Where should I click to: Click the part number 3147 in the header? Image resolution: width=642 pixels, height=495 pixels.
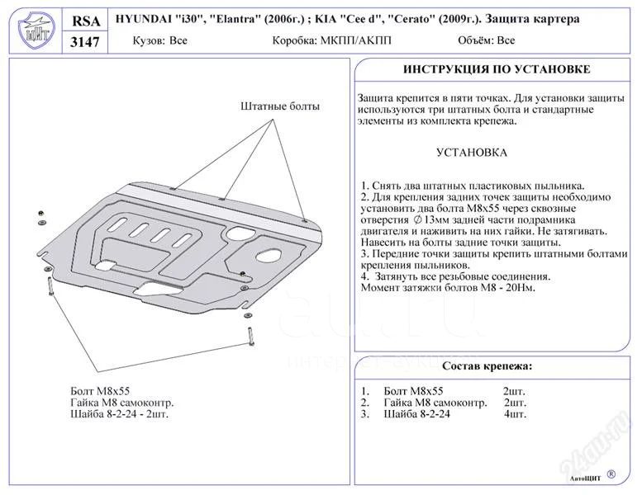click(x=85, y=42)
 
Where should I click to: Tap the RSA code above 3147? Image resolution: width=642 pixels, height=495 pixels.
click(x=85, y=21)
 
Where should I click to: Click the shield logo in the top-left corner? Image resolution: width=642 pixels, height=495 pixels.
click(x=36, y=31)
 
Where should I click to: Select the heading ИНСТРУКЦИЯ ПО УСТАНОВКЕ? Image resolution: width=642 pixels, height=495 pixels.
click(x=497, y=69)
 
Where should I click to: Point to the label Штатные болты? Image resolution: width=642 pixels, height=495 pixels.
click(x=280, y=106)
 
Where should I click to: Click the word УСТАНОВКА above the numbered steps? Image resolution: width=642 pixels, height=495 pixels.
click(x=471, y=153)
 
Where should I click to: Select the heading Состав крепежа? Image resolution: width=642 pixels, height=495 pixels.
click(x=487, y=365)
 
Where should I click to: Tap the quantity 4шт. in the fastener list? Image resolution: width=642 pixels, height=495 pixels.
click(x=516, y=414)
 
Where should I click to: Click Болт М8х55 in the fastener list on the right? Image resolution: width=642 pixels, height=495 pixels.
click(x=413, y=391)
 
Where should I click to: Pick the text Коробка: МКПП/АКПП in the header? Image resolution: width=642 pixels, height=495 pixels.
click(x=331, y=40)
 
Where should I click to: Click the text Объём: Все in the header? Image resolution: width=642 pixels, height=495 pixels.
click(x=487, y=40)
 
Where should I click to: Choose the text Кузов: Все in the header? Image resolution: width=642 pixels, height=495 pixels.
click(x=159, y=40)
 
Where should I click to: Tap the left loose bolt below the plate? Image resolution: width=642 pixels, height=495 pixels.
click(x=50, y=285)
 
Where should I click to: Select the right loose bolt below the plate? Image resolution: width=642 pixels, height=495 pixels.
click(x=250, y=336)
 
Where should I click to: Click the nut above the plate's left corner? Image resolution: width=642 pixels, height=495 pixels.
click(x=41, y=214)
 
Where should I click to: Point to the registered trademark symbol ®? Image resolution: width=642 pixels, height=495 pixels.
click(x=611, y=474)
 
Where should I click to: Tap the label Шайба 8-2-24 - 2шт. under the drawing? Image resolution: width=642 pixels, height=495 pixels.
click(x=120, y=414)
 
